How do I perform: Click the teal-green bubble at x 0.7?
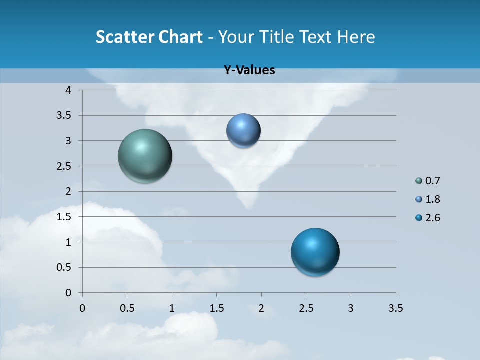(x=145, y=156)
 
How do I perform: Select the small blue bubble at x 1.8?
(x=243, y=131)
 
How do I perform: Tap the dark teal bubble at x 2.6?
(x=315, y=252)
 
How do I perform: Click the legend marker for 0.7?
(x=419, y=181)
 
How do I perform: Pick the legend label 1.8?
(x=432, y=199)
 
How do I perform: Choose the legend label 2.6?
(x=432, y=218)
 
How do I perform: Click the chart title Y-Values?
(x=249, y=70)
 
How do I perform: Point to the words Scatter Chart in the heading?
(x=149, y=37)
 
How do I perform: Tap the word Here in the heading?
(x=355, y=37)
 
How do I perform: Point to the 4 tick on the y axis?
(x=68, y=90)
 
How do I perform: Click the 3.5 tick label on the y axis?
(x=65, y=116)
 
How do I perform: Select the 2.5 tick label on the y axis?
(x=65, y=166)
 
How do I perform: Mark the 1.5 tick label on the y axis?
(x=65, y=217)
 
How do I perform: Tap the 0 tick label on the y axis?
(x=68, y=293)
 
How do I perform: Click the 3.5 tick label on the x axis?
(x=395, y=308)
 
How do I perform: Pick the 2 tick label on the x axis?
(x=261, y=308)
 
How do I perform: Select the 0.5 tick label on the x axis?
(x=127, y=308)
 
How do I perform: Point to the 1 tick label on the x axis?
(x=172, y=308)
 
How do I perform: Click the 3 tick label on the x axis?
(x=351, y=308)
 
